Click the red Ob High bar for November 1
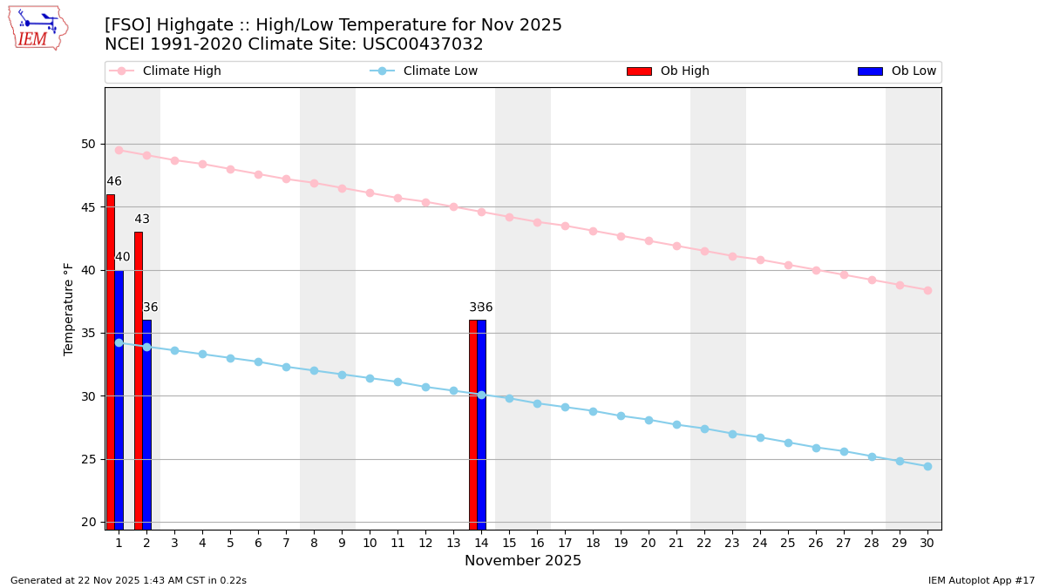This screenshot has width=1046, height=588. coord(111,362)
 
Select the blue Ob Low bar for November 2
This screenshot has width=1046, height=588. coord(146,424)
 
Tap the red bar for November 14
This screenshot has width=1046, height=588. coord(472,424)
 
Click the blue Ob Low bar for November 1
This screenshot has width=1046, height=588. coord(119,399)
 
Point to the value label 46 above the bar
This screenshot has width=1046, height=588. coord(114,181)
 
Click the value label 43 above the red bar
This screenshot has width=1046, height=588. coord(142,220)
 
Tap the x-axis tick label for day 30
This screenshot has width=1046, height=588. coord(927,543)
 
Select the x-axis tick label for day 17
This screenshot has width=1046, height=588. coord(565,543)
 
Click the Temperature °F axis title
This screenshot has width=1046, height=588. coord(69,308)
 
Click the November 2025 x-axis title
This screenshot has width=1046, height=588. coord(523,561)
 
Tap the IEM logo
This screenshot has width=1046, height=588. coord(37,28)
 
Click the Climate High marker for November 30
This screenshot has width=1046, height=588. coord(927,290)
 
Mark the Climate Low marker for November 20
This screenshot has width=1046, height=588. coord(649,420)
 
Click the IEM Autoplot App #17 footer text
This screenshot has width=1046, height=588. coord(981,580)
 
